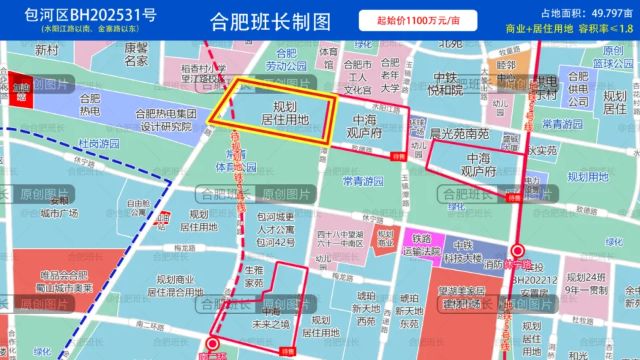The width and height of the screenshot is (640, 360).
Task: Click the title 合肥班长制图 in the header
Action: [270, 21]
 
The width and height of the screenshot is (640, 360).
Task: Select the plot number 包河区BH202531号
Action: [91, 15]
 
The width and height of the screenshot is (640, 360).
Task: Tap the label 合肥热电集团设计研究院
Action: [163, 120]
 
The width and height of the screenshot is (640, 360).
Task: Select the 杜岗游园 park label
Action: [99, 143]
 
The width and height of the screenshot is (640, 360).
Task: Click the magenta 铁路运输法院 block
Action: [421, 245]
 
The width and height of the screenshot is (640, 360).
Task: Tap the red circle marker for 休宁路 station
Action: [517, 251]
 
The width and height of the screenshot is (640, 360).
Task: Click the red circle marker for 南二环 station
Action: [213, 343]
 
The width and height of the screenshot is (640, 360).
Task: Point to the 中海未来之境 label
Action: [271, 318]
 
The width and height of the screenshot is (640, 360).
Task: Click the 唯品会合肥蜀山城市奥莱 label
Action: [63, 281]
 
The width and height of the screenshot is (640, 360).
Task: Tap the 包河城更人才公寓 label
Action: [276, 229]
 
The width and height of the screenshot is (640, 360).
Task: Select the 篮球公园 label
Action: [613, 63]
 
